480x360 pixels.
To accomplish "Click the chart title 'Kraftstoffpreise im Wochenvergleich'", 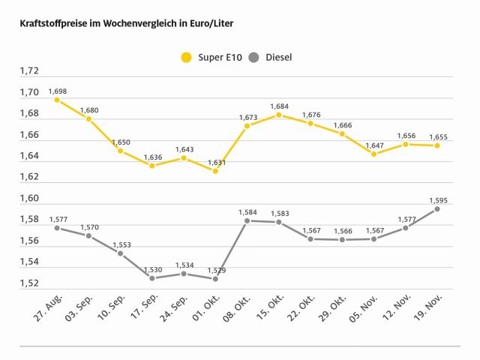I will coord(126,24).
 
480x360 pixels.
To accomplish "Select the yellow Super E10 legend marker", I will coord(186,57).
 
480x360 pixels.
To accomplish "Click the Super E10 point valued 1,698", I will coord(57,99).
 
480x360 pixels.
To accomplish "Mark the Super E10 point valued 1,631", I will coord(215,170).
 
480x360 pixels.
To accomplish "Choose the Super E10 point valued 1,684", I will coord(279,115).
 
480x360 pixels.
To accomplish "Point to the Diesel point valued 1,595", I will coord(437,208).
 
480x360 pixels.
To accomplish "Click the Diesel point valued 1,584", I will coord(247,220).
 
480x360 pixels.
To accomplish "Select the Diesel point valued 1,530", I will coord(152,278).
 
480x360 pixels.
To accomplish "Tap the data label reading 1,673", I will coord(247,117).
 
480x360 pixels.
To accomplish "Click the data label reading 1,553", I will coord(121,244).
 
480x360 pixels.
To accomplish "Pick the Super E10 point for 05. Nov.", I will coord(373,154).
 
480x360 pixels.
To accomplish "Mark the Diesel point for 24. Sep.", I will coord(184,274).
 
